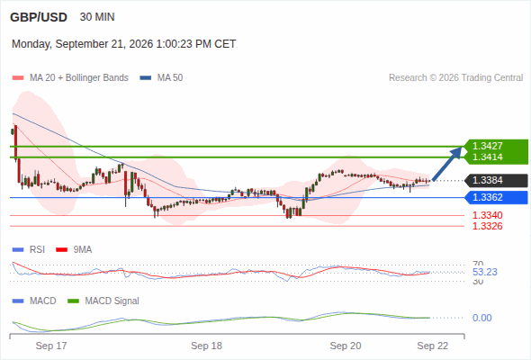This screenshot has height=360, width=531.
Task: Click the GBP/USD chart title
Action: pyautogui.click(x=39, y=17)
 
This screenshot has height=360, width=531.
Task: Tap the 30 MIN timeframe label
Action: pyautogui.click(x=97, y=17)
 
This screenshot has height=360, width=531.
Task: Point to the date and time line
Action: pyautogui.click(x=123, y=44)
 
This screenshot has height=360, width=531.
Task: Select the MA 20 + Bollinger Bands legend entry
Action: pyautogui.click(x=70, y=78)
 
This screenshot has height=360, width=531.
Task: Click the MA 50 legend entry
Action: pyautogui.click(x=161, y=78)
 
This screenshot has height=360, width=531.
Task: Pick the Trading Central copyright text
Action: pyautogui.click(x=455, y=78)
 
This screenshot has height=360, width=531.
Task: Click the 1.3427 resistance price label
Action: pyautogui.click(x=487, y=146)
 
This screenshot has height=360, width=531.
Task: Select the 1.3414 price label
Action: pyautogui.click(x=487, y=157)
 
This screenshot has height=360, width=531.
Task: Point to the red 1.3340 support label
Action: pyautogui.click(x=487, y=215)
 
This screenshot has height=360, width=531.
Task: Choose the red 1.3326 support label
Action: pyautogui.click(x=487, y=226)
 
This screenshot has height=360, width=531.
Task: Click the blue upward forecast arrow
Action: pyautogui.click(x=447, y=164)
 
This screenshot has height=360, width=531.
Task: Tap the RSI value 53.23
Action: pyautogui.click(x=485, y=272)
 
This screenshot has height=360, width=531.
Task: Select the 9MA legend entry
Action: pyautogui.click(x=74, y=250)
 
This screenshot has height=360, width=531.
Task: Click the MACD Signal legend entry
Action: pyautogui.click(x=103, y=301)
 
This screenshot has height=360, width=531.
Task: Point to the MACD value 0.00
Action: pyautogui.click(x=481, y=318)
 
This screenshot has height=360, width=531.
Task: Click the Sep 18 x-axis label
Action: pyautogui.click(x=206, y=346)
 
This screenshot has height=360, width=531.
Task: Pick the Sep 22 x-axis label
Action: pyautogui.click(x=433, y=346)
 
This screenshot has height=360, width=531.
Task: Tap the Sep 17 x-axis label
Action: pyautogui.click(x=51, y=346)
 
